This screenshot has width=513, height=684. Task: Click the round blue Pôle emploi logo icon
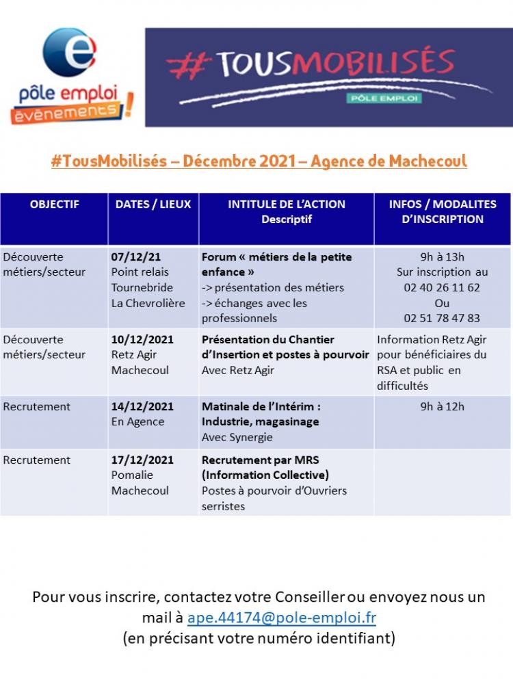69,52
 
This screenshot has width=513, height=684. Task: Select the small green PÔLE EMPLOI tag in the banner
384,98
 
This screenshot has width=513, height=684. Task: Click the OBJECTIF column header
54,204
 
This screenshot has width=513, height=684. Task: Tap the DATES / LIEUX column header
153,204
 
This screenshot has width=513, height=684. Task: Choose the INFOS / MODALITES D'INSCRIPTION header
443,211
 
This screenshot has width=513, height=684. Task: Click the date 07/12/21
136,257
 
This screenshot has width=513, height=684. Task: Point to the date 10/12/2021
142,339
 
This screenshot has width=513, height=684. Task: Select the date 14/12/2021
142,406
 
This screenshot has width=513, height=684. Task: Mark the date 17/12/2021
142,460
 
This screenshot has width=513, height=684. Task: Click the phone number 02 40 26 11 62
442,287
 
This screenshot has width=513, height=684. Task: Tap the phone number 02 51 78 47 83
442,318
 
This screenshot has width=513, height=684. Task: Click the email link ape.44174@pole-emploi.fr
282,617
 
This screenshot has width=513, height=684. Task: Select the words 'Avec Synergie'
237,437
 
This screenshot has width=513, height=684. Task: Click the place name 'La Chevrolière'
148,303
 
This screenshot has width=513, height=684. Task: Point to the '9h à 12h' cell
442,406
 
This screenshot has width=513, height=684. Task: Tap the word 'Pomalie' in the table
132,475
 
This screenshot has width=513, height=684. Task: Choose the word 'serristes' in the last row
223,506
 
